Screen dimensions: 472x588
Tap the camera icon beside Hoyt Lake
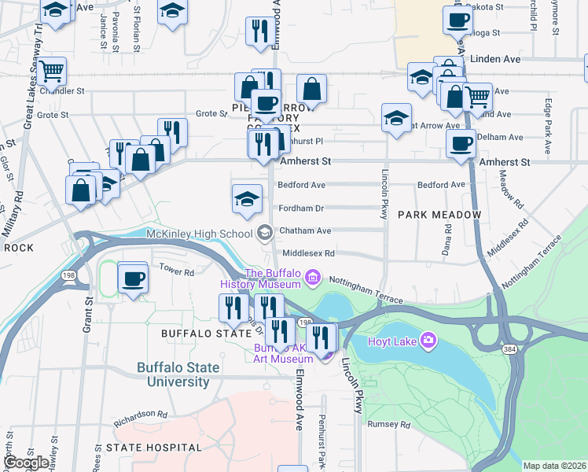tap(428, 340)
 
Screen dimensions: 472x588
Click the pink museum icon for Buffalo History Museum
tap(313, 277)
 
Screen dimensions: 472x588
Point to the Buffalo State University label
tap(173, 374)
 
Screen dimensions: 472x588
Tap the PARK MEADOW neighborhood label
tap(439, 215)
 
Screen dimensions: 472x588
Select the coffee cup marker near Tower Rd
tap(133, 278)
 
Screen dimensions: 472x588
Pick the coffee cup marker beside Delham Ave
tap(461, 143)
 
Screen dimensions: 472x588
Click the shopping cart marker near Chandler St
tap(51, 72)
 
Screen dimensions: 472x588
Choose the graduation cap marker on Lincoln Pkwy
tap(396, 118)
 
